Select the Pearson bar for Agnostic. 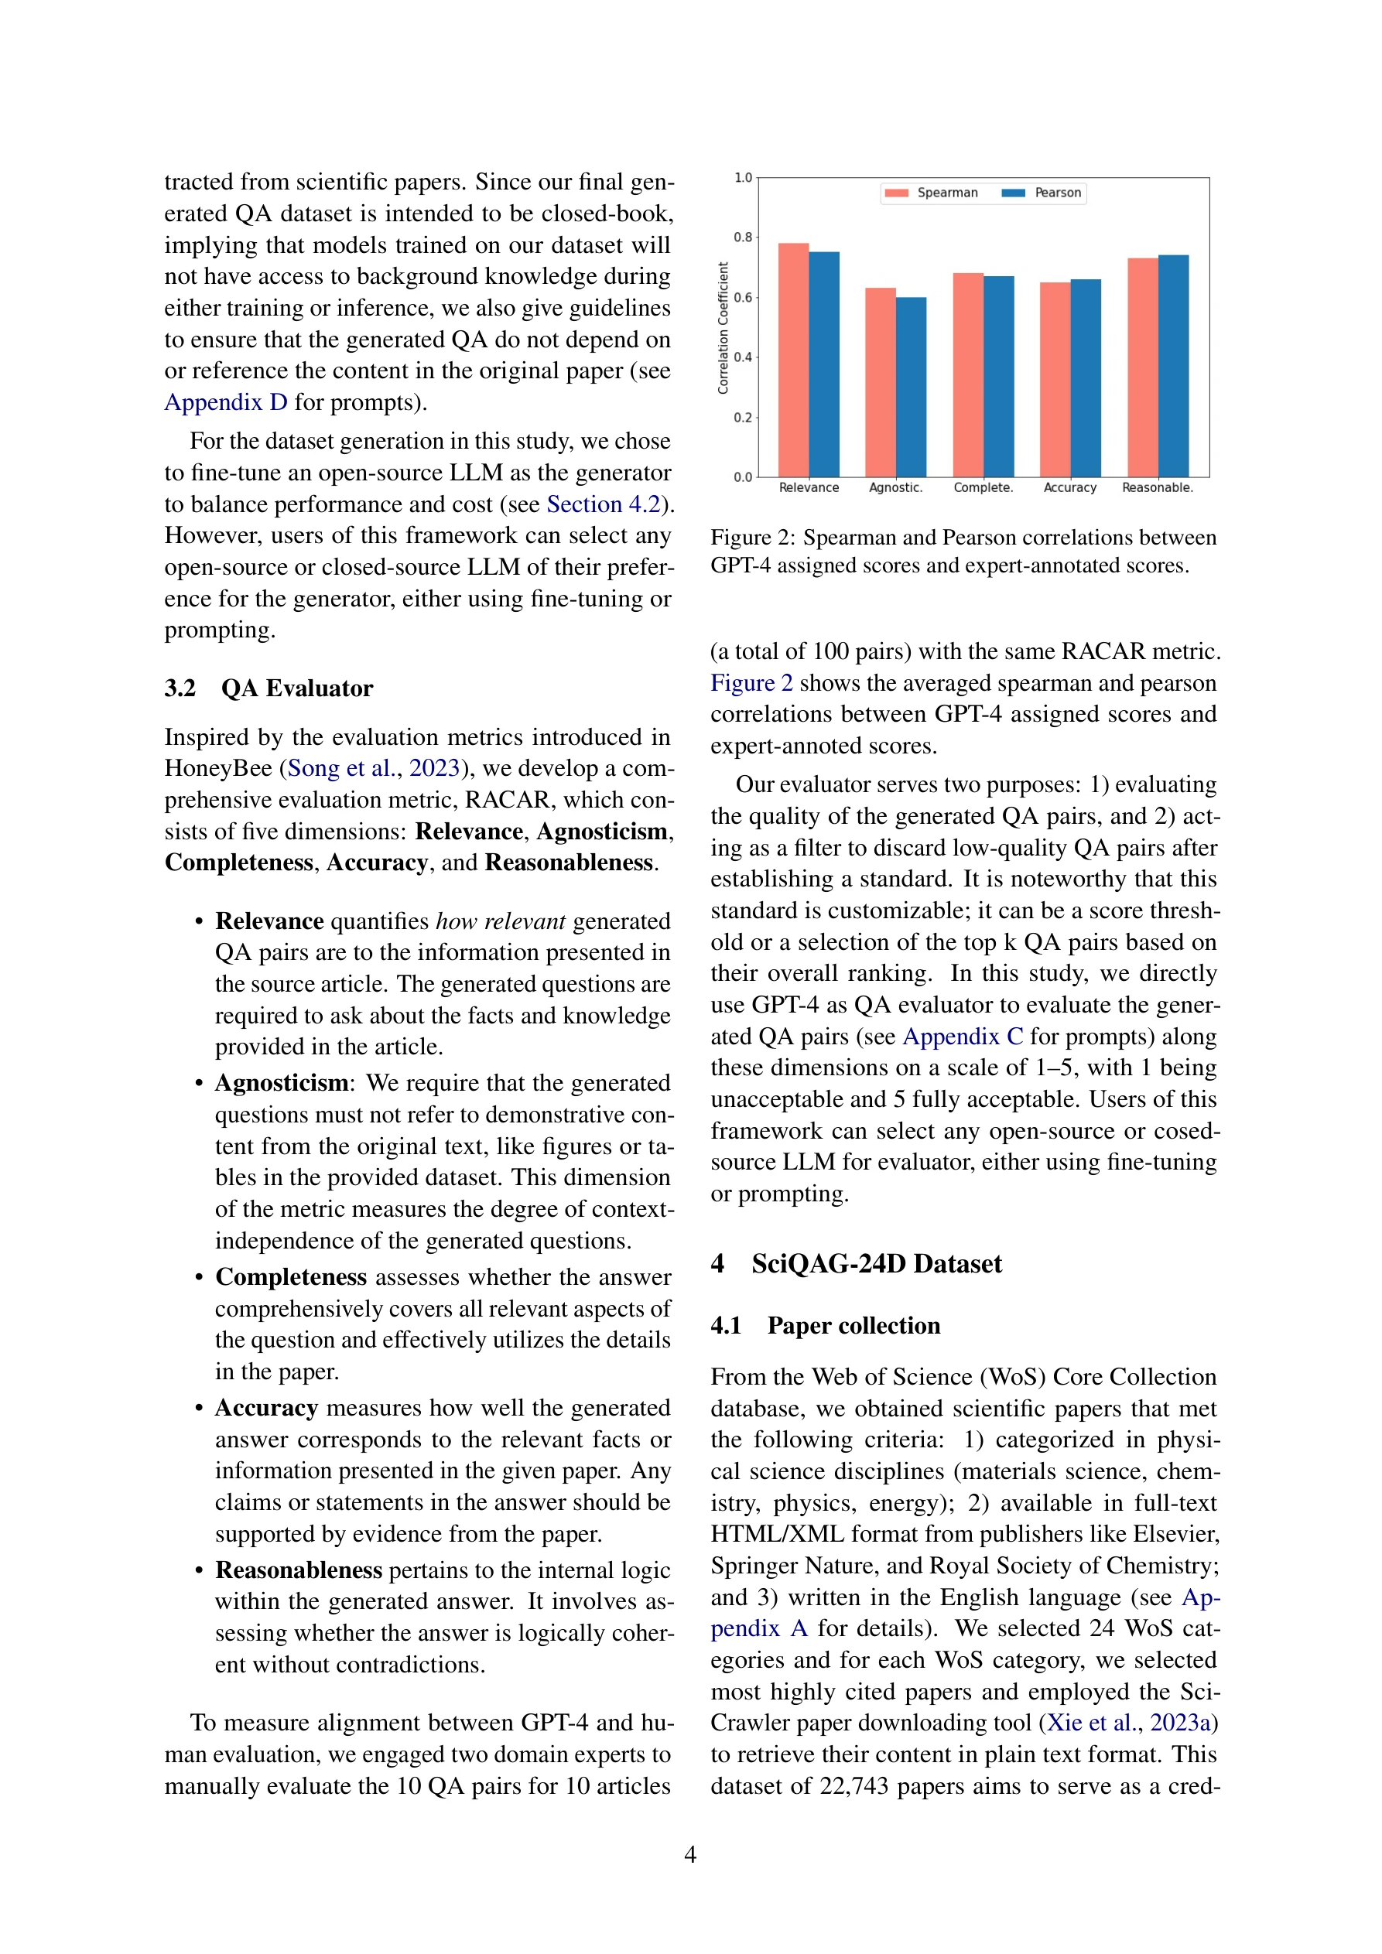[x=910, y=388]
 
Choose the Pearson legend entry [x=1042, y=193]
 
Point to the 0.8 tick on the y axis [x=744, y=237]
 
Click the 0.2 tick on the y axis [x=744, y=417]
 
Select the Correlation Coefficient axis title [x=723, y=328]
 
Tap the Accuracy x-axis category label [x=1069, y=487]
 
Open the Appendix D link [x=226, y=401]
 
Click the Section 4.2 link [x=603, y=504]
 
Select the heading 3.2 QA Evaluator [x=269, y=688]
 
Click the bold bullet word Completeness [x=290, y=1276]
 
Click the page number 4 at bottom [x=689, y=1853]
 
